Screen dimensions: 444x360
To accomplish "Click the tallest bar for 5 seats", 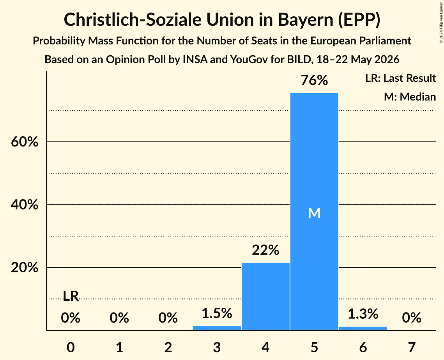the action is point(314,212).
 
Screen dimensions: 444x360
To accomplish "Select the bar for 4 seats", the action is point(265,296).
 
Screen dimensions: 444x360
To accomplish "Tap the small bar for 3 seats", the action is point(217,328).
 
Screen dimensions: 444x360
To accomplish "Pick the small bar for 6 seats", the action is point(363,328).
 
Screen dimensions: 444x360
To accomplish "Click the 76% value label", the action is point(314,80).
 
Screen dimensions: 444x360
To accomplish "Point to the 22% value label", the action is point(265,250).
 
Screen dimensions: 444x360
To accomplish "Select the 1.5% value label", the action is point(217,313).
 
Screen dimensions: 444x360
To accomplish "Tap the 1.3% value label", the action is point(363,314).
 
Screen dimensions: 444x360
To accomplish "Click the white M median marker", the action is point(314,213).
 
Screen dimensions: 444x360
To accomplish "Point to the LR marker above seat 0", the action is point(71,296).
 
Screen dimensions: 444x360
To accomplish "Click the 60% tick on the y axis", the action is point(25,141).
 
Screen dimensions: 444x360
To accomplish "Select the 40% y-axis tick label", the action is point(25,204).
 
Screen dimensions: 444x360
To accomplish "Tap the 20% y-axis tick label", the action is point(25,267).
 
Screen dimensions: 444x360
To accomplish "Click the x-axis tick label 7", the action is point(412,347).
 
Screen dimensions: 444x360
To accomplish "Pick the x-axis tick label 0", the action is point(71,347).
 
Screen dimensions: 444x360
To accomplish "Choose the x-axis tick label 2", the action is point(168,347).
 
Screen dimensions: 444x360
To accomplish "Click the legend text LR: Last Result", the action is point(400,78).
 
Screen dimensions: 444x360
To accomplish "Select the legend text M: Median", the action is point(410,97).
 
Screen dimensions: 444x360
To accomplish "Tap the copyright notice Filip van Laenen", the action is point(441,22).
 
